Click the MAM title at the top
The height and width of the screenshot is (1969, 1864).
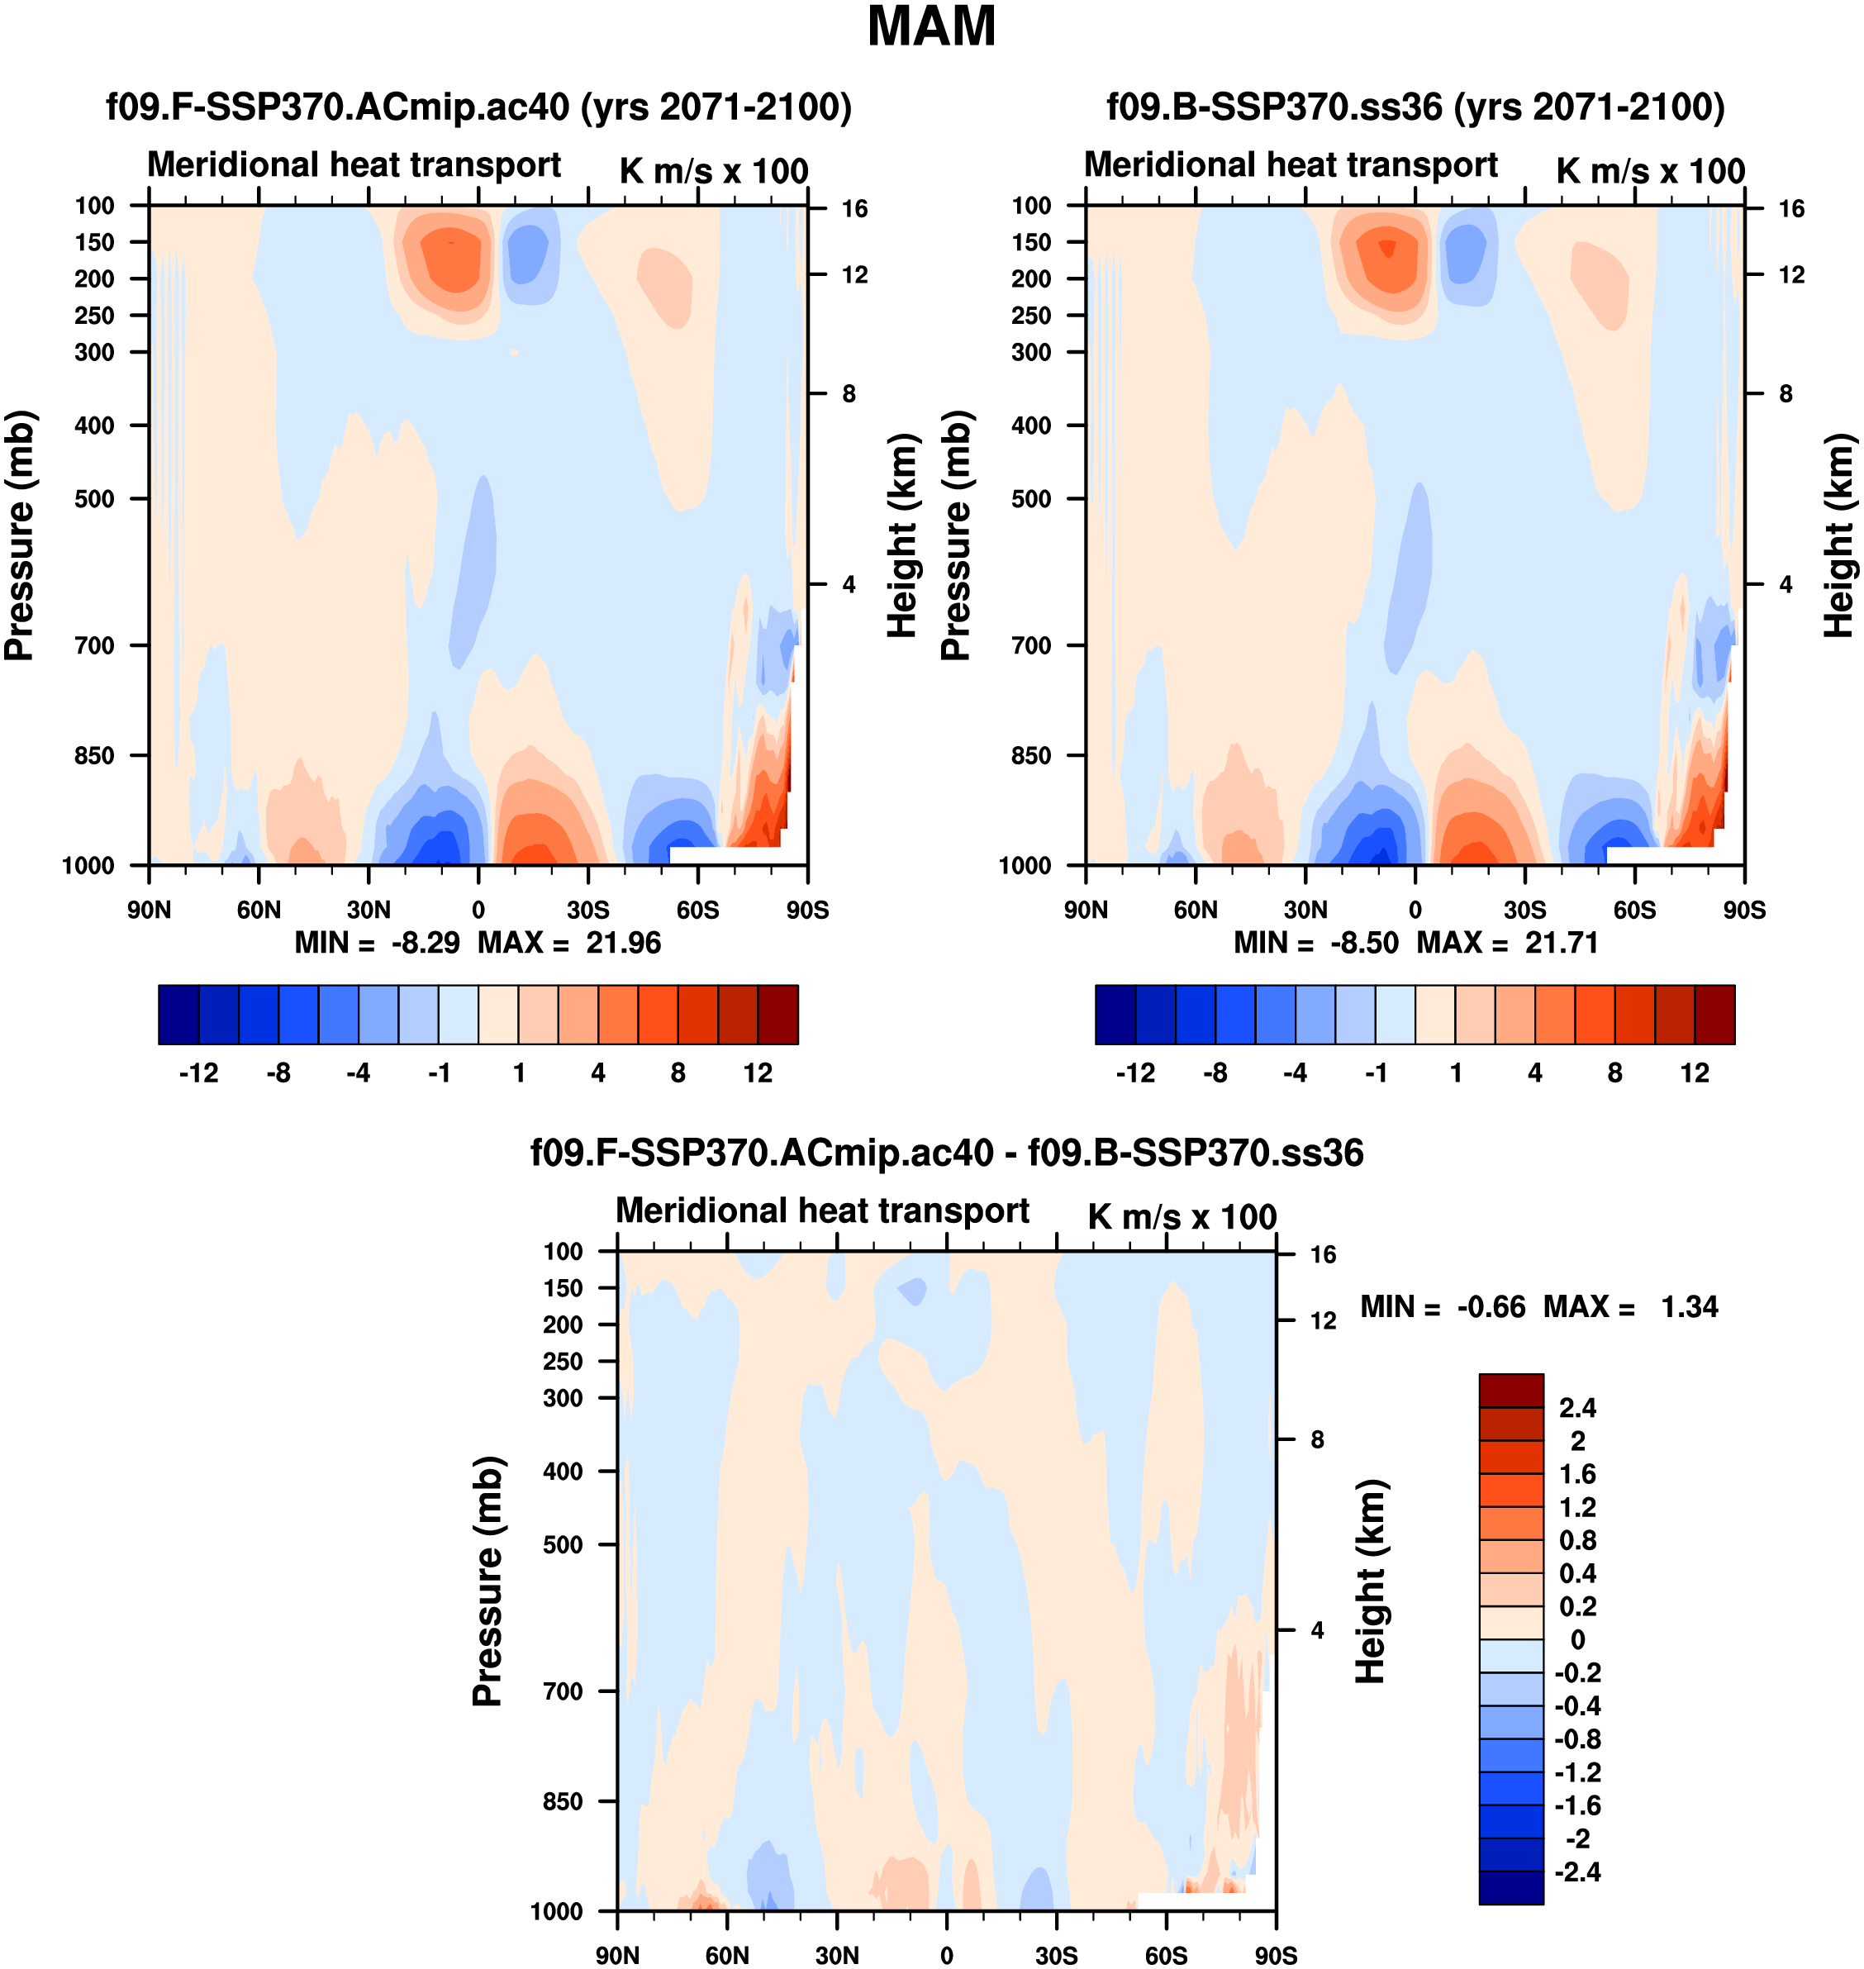click(x=931, y=26)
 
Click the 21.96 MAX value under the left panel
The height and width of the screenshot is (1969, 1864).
click(x=623, y=943)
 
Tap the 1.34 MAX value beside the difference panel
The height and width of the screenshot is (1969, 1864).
click(x=1689, y=1306)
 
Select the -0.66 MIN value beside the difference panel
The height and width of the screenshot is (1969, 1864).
click(x=1491, y=1306)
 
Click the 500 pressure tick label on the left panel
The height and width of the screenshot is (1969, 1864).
click(x=95, y=499)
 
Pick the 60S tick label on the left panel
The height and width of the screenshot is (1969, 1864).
click(x=697, y=910)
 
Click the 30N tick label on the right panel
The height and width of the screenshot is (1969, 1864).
click(x=1305, y=910)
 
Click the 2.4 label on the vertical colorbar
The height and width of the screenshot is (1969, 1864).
click(x=1578, y=1408)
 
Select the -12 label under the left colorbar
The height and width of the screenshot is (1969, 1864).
click(x=199, y=1073)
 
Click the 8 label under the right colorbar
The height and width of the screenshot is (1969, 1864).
click(x=1614, y=1073)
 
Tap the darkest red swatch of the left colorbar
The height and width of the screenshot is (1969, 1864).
click(x=777, y=1015)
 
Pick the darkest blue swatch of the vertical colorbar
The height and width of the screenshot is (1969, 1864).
click(x=1510, y=1887)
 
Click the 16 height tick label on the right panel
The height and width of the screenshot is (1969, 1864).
click(x=1790, y=208)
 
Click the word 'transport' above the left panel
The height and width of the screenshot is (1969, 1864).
click(x=491, y=165)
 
